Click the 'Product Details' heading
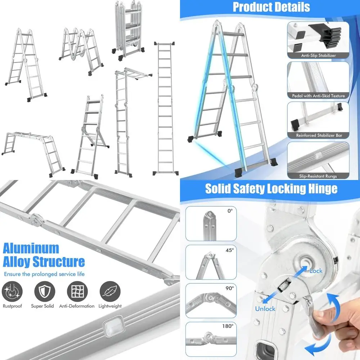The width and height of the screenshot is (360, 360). pos(271,7)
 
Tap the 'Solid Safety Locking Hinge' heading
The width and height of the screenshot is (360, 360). pos(271,189)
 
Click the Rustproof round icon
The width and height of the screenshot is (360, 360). pos(12,291)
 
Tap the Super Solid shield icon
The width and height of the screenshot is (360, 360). pos(45,291)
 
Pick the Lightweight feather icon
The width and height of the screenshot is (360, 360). pos(110,291)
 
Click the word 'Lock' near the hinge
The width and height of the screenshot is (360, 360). pos(316,271)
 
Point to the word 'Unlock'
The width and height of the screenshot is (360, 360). pos(265,309)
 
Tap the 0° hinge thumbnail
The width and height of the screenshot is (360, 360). pos(211,224)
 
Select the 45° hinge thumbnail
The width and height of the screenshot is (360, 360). pos(211,263)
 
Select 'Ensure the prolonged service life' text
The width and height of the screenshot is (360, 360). pos(44,274)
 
